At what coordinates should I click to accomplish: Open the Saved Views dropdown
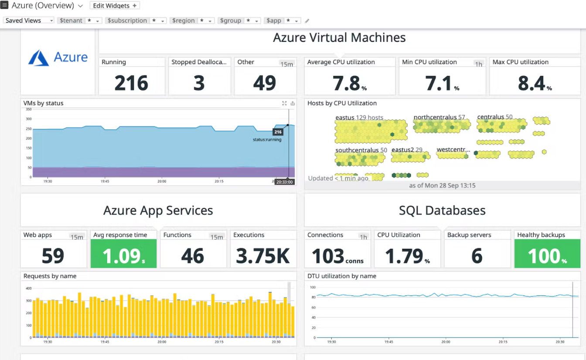tap(29, 20)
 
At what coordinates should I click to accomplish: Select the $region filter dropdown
tap(192, 20)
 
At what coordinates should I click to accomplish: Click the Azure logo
tap(58, 58)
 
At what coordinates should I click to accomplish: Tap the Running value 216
tap(131, 83)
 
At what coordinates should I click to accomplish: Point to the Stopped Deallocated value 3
tap(199, 83)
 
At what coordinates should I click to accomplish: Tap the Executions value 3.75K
tap(263, 256)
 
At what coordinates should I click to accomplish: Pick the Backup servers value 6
tap(477, 256)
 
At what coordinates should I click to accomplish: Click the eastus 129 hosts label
tap(359, 118)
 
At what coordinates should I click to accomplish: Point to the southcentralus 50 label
tap(361, 150)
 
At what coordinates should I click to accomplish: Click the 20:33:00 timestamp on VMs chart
tap(284, 182)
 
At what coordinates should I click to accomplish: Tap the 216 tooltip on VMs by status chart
tap(278, 132)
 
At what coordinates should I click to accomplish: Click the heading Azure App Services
tap(158, 211)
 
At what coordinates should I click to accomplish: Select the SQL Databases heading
tap(442, 211)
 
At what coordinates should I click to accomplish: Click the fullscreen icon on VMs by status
tap(284, 103)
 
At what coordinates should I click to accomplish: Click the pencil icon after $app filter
tap(307, 21)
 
